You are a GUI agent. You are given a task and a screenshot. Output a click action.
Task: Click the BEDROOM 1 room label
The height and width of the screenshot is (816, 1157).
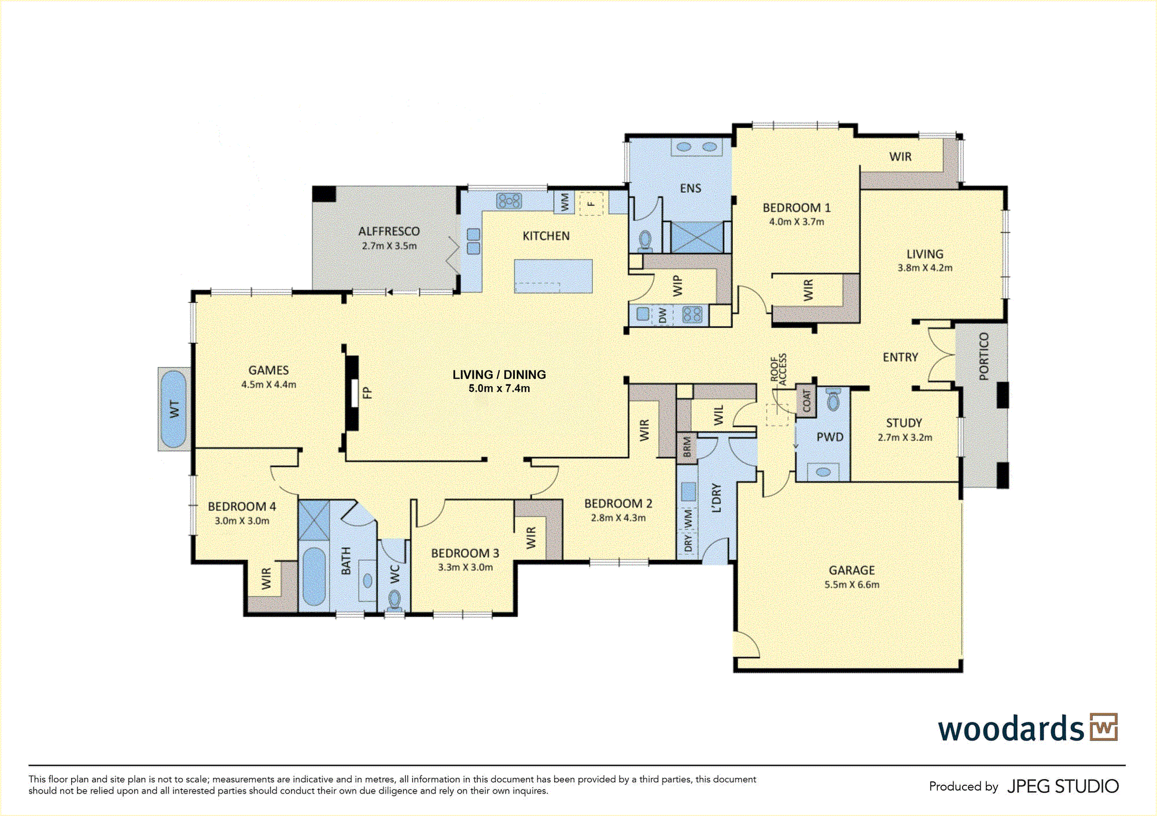(797, 207)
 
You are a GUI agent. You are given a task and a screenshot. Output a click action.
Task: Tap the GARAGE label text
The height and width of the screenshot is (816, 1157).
(852, 570)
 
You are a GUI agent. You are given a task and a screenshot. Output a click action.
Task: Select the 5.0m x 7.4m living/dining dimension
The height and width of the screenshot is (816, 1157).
(499, 388)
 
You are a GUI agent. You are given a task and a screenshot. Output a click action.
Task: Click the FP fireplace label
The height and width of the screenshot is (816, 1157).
(367, 393)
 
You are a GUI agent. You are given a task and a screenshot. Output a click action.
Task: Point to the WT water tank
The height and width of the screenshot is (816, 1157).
(174, 409)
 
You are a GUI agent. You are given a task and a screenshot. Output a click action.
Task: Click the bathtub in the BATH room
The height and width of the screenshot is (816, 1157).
(314, 577)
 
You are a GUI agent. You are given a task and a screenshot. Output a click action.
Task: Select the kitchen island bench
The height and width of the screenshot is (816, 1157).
(553, 276)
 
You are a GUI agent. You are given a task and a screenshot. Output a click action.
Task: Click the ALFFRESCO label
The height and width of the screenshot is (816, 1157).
(389, 231)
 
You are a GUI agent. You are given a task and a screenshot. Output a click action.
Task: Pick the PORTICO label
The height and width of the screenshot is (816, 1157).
(984, 357)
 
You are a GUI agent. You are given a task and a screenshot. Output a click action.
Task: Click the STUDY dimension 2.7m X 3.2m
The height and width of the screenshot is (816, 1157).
(905, 437)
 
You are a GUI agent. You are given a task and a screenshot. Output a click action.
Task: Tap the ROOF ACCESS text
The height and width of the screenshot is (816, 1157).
(779, 369)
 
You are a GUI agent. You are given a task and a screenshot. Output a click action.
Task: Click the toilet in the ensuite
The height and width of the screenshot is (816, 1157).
(645, 240)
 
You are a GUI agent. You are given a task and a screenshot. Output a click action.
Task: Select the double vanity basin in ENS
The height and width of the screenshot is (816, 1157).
(697, 147)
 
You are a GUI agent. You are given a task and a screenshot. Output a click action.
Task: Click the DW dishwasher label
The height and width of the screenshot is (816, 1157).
(663, 315)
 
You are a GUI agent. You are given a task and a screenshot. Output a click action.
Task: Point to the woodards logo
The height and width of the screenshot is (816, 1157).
(1027, 728)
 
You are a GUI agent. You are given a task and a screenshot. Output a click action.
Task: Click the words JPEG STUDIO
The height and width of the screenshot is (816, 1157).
(1063, 787)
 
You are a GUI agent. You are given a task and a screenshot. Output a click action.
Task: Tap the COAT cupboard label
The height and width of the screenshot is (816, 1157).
(806, 401)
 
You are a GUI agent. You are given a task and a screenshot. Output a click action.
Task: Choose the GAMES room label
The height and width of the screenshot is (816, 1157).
(268, 370)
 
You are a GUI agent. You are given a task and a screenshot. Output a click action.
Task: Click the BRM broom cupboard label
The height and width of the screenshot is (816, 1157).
(687, 447)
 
